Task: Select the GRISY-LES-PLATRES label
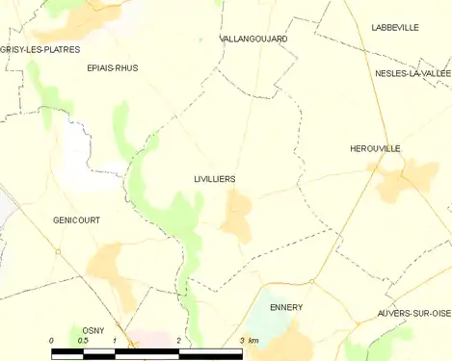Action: [x=40, y=48]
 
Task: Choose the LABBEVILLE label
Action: [x=395, y=28]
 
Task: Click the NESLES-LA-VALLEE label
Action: [x=413, y=73]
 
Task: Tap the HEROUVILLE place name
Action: [x=375, y=148]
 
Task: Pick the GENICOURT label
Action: [x=76, y=220]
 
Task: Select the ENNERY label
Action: [x=286, y=308]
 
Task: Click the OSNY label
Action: [x=93, y=330]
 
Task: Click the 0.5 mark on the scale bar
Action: [x=83, y=341]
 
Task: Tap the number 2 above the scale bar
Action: [x=178, y=341]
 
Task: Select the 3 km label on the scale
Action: [x=249, y=341]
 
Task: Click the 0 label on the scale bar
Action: [x=52, y=341]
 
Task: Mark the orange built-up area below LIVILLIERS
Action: [x=236, y=217]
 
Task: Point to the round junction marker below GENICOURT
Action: [x=58, y=251]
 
